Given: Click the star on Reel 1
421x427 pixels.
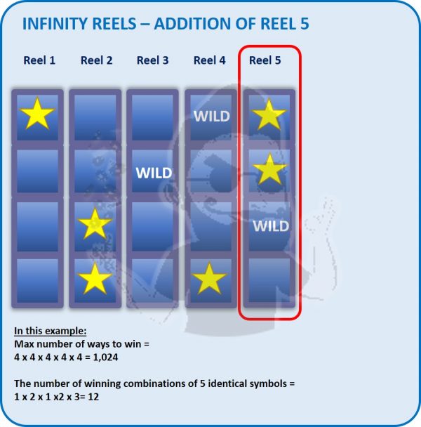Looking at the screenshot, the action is pyautogui.click(x=37, y=114).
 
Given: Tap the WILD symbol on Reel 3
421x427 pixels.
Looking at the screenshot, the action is pyautogui.click(x=154, y=173).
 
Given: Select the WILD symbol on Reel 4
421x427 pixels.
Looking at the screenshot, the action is pyautogui.click(x=212, y=117).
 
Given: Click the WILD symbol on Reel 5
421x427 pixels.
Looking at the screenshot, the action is pyautogui.click(x=271, y=226).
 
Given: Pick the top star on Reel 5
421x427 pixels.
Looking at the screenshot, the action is pyautogui.click(x=269, y=114).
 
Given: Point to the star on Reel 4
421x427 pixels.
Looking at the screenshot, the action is pyautogui.click(x=209, y=279).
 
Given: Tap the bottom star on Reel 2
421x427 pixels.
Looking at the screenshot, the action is pyautogui.click(x=95, y=279).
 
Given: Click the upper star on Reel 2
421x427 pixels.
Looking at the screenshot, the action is pyautogui.click(x=95, y=224).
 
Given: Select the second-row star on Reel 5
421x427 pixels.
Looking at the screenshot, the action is pyautogui.click(x=269, y=169).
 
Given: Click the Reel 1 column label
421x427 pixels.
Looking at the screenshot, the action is pyautogui.click(x=39, y=60).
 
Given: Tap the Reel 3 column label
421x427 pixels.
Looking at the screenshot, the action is pyautogui.click(x=153, y=60).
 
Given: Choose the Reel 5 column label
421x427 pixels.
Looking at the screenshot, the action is pyautogui.click(x=265, y=60).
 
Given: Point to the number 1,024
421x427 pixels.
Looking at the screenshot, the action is pyautogui.click(x=105, y=357).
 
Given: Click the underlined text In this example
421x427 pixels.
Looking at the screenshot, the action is pyautogui.click(x=51, y=331).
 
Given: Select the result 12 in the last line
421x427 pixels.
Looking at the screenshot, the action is pyautogui.click(x=93, y=397).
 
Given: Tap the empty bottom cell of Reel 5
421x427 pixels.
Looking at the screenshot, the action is pyautogui.click(x=269, y=280).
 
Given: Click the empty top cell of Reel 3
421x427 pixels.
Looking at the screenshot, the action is pyautogui.click(x=153, y=117).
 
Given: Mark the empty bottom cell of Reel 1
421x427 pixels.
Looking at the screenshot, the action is pyautogui.click(x=38, y=280).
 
